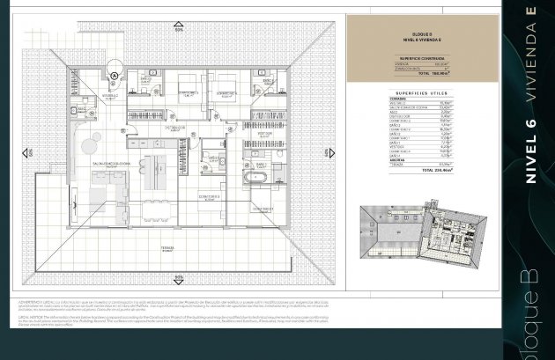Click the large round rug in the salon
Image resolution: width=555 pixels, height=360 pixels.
pos(91,143)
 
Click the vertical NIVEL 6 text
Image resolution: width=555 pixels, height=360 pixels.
pos(529,150)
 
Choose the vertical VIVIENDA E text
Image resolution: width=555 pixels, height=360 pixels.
pos(529,53)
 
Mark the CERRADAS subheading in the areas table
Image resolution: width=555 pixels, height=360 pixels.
pos(398,99)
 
